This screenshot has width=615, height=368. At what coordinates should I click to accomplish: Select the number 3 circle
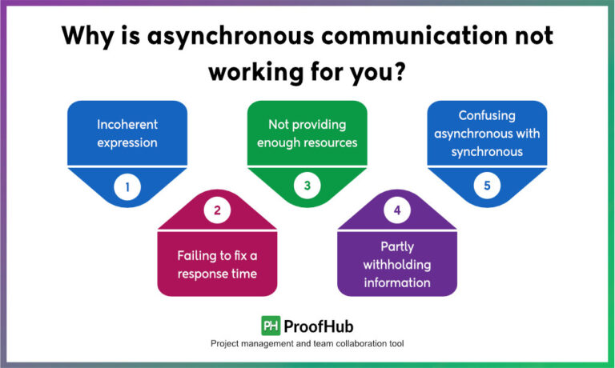(307, 187)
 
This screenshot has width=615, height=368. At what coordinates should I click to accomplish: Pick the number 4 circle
(396, 212)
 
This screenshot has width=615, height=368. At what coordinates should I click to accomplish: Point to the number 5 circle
(486, 187)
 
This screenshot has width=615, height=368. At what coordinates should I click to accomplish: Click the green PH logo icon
(271, 326)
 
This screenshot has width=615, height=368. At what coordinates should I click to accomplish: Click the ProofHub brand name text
(319, 326)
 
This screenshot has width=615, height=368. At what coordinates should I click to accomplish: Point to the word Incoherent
(127, 125)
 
